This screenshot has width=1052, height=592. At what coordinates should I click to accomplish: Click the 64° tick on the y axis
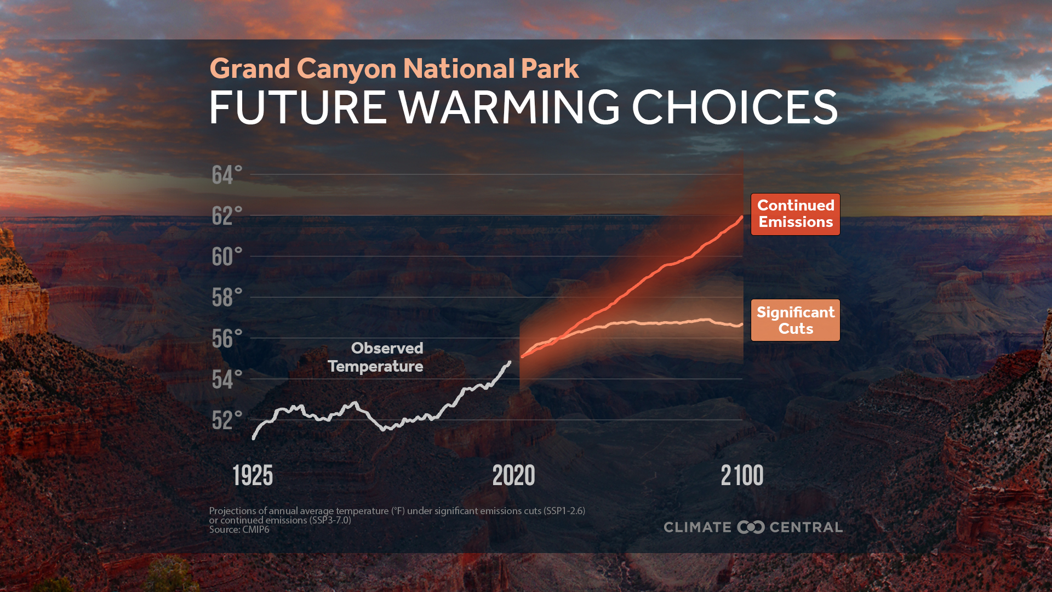tap(226, 175)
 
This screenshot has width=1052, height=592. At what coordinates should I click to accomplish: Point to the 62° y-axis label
tap(226, 217)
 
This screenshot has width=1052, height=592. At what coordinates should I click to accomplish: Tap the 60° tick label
tap(226, 257)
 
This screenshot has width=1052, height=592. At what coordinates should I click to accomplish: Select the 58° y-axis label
tap(226, 298)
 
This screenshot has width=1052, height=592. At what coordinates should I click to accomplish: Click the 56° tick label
tap(226, 339)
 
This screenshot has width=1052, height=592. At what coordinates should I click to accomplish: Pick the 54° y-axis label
tap(226, 380)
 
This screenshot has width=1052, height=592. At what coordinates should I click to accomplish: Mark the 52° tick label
tap(226, 421)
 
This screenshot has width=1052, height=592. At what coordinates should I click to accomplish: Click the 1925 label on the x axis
tap(253, 475)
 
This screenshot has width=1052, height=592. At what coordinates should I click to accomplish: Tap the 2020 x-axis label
tap(513, 475)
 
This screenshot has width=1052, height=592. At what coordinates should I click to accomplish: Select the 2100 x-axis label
tap(742, 475)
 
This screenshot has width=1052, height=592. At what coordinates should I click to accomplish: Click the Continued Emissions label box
tap(795, 214)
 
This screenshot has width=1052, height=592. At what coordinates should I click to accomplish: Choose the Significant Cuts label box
tap(795, 320)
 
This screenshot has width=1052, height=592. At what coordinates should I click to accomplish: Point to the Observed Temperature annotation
tap(376, 357)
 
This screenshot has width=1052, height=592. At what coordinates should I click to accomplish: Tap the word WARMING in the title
tap(510, 107)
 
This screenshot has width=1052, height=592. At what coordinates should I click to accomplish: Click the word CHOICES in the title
tap(735, 107)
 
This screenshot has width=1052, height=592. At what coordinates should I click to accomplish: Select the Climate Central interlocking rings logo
tap(751, 527)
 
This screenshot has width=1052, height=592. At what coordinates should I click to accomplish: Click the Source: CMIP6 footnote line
tap(239, 530)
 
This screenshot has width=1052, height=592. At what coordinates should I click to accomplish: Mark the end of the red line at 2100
tap(742, 218)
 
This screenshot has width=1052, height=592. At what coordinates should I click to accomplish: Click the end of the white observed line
tap(510, 362)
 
